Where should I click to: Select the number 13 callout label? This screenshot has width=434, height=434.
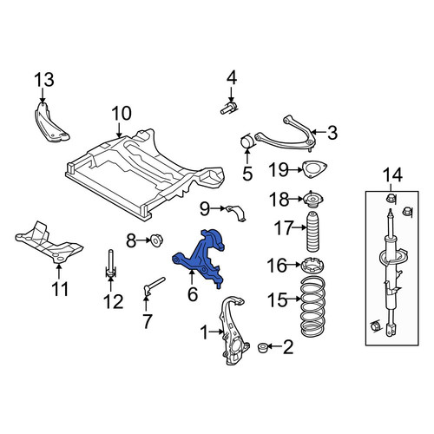tap(44, 80)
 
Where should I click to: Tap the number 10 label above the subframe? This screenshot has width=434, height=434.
tap(122, 113)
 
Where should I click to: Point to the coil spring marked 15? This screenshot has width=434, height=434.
tap(313, 306)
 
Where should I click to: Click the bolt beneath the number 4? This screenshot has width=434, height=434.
tap(228, 108)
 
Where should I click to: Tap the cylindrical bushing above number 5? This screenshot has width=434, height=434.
tap(247, 141)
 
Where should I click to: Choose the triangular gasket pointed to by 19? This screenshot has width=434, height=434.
tap(314, 169)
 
